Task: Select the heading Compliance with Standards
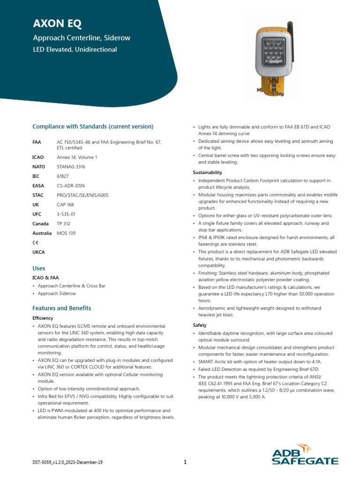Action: [x=92, y=127]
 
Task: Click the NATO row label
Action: [x=38, y=166]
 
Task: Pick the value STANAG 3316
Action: [x=71, y=166]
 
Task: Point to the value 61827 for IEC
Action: [x=63, y=176]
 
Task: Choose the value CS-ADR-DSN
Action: [x=71, y=186]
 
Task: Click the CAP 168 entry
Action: [x=66, y=205]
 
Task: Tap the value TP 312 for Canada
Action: [x=63, y=224]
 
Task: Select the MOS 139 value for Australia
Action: [x=66, y=233]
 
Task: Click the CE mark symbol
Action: [x=36, y=243]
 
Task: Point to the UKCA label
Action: [x=38, y=252]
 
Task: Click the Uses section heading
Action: [x=39, y=269]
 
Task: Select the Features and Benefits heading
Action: [x=61, y=308]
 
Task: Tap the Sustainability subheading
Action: [x=207, y=172]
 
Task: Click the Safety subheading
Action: [x=200, y=325]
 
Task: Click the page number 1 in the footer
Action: [x=185, y=462]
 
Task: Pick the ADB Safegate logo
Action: [x=305, y=455]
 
